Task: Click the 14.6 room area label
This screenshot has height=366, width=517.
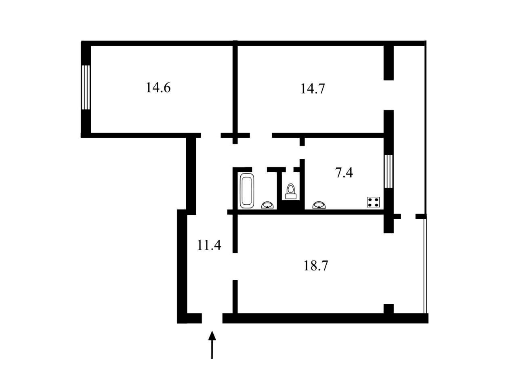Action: click(158, 88)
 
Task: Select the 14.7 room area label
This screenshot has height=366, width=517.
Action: click(313, 89)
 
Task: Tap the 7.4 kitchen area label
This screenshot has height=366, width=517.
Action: click(344, 173)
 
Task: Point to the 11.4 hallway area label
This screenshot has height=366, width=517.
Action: click(209, 245)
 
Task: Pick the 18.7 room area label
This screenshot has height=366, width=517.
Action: click(315, 265)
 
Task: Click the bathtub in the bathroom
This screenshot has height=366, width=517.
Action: click(247, 191)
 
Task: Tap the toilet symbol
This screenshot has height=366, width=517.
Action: click(290, 191)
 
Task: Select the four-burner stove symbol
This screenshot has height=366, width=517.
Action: click(373, 202)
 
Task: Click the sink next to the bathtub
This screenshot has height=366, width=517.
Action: click(267, 205)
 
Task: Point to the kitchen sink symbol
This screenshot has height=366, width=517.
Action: click(319, 205)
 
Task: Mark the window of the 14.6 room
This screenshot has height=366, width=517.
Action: click(86, 87)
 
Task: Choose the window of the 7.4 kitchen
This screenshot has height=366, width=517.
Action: click(389, 171)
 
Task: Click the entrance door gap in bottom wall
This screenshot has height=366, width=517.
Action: click(212, 318)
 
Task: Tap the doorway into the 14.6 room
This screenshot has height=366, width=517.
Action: click(211, 135)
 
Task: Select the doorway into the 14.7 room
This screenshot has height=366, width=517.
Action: click(261, 135)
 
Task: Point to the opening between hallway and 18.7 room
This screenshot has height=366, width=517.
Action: click(235, 267)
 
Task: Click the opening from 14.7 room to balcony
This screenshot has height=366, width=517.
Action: click(389, 95)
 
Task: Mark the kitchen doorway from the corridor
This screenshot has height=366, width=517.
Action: click(302, 152)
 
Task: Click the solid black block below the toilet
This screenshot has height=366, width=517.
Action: click(291, 205)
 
